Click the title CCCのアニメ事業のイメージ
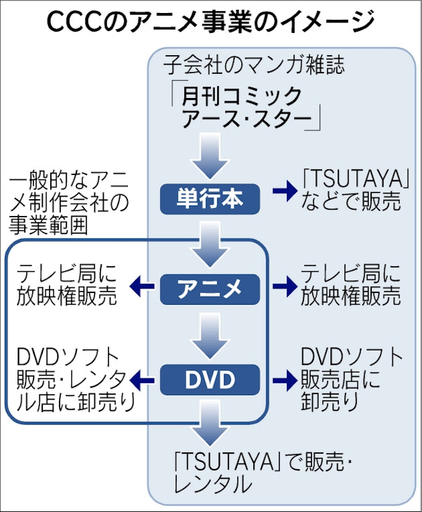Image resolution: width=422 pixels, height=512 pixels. (x=210, y=23)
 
